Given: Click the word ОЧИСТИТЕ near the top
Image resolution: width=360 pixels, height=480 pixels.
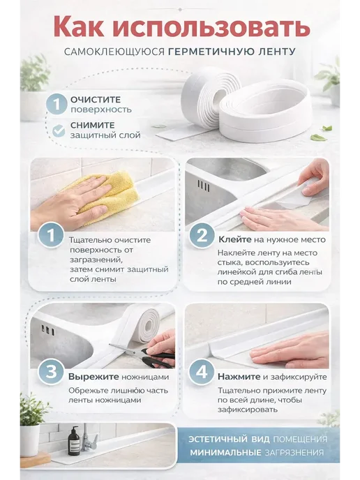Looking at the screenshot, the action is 96,100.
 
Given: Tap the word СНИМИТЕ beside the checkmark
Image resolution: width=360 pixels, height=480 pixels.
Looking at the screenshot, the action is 93,125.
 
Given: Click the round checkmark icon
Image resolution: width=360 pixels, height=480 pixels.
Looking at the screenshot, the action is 59,130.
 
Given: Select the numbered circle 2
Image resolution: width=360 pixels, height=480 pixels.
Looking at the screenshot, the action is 202,236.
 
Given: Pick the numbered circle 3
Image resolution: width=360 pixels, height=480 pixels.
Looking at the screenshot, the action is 51,373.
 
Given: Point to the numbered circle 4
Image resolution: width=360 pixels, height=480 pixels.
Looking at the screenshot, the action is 202,373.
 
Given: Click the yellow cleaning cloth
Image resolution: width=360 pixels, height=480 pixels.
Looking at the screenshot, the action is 107,195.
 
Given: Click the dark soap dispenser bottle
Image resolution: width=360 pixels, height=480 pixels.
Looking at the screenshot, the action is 74,442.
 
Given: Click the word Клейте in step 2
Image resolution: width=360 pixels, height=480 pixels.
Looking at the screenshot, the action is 235,240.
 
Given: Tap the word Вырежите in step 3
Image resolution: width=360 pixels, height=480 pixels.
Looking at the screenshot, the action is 93,377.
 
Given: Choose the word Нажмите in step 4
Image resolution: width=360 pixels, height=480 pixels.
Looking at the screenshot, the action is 239,377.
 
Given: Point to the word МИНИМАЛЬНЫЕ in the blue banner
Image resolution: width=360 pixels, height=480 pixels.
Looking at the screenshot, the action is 225,453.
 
